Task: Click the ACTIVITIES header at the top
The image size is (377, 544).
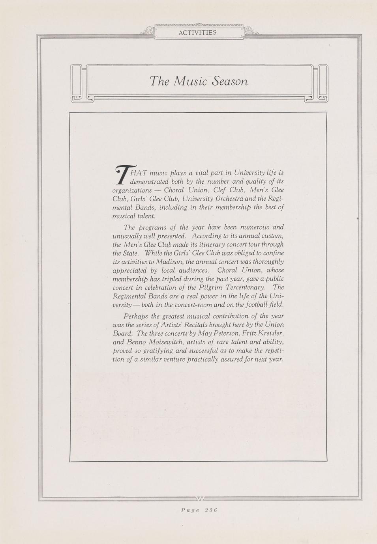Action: (197, 33)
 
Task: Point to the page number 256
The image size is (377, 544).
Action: (211, 510)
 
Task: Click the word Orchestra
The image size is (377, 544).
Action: (230, 199)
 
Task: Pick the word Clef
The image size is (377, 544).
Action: (219, 190)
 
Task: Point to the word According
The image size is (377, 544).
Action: (205, 236)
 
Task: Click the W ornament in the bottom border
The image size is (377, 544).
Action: (200, 499)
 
